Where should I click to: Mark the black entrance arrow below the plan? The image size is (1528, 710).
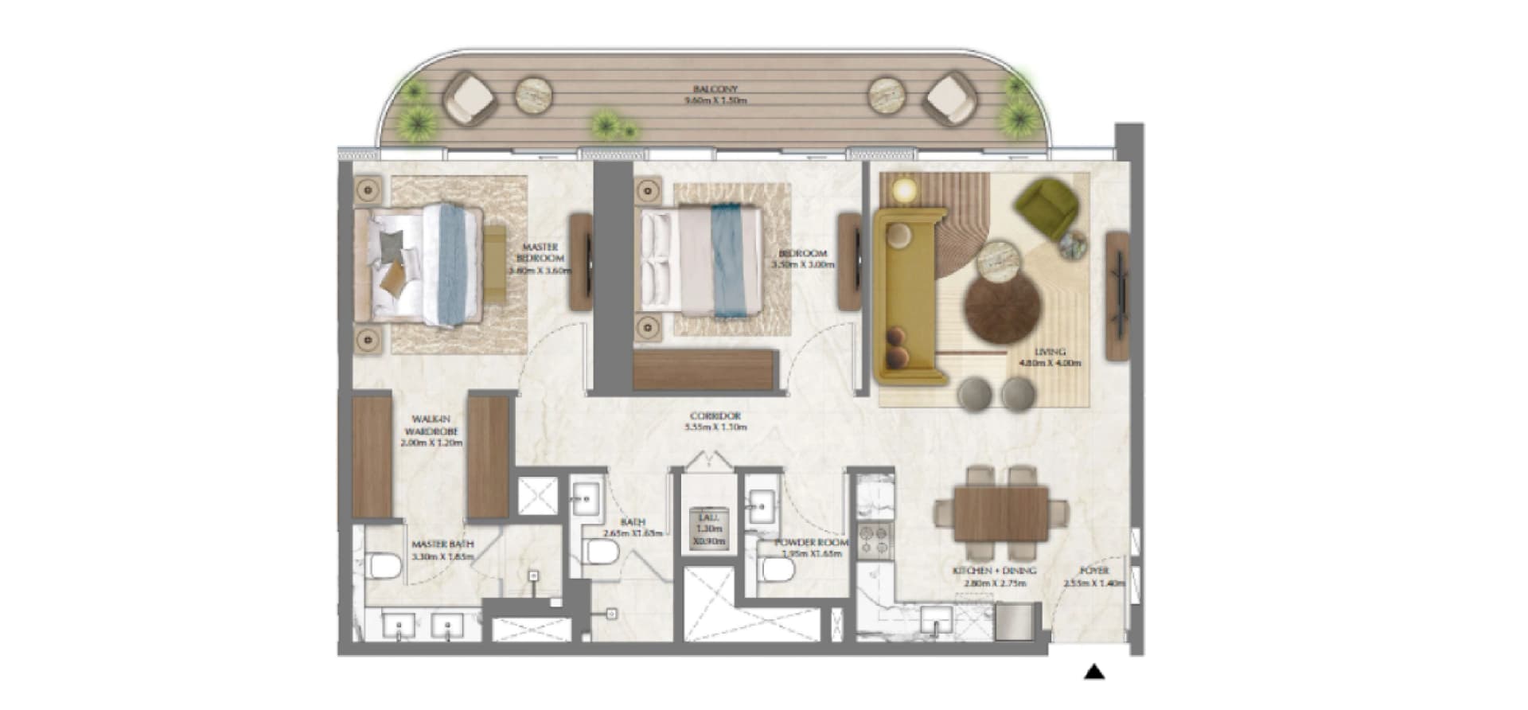(x=1094, y=673)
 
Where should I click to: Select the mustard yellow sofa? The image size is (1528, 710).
(x=907, y=295)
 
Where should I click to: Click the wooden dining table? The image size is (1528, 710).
(x=1003, y=513)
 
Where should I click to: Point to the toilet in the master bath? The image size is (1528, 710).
(x=384, y=566)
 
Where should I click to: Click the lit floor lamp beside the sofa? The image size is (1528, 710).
(x=905, y=189)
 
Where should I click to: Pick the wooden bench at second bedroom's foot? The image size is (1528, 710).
(x=704, y=370)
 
